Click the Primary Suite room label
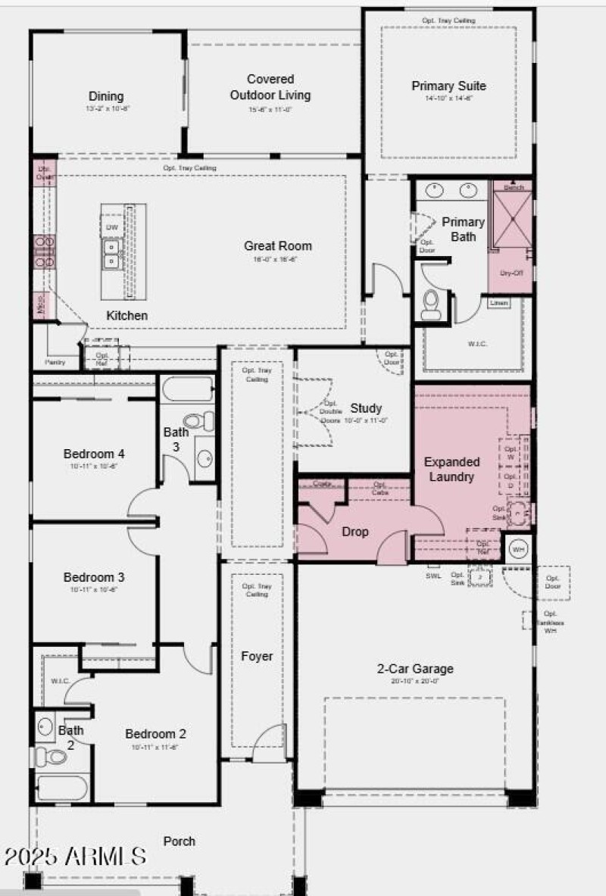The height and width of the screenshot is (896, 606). tap(448, 86)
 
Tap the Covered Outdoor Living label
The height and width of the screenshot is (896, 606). tap(270, 87)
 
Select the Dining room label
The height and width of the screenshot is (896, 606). tap(106, 96)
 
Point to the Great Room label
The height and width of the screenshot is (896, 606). tap(277, 245)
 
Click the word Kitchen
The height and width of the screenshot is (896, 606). tap(127, 315)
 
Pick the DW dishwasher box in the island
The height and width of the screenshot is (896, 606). tap(112, 227)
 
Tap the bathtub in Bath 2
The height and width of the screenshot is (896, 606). tap(62, 788)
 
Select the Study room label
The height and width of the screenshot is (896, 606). tap(366, 408)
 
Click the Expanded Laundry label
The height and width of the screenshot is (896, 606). tap(451, 469)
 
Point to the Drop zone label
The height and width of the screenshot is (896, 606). tap(355, 532)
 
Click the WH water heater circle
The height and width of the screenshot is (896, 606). tap(518, 548)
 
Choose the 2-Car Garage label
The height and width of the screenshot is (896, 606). tap(415, 669)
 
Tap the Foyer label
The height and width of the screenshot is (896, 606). tap(257, 656)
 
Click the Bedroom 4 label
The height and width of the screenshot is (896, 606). tap(94, 454)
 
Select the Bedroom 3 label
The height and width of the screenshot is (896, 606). tap(94, 577)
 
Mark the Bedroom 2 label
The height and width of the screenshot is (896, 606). tap(155, 734)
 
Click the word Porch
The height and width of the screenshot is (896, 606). tap(179, 841)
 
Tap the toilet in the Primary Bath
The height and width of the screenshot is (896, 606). tap(431, 304)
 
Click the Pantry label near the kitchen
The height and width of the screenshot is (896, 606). tap(55, 362)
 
